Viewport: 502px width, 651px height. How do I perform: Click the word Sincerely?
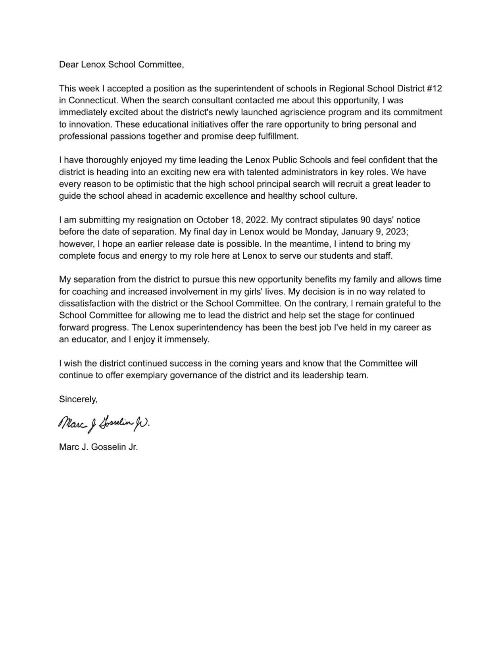tap(78, 399)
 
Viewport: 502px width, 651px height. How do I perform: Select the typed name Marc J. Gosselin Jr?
tap(98, 447)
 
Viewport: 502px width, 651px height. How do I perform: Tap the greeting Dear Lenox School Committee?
tap(121, 64)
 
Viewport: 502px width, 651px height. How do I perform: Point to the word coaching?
tap(89, 292)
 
